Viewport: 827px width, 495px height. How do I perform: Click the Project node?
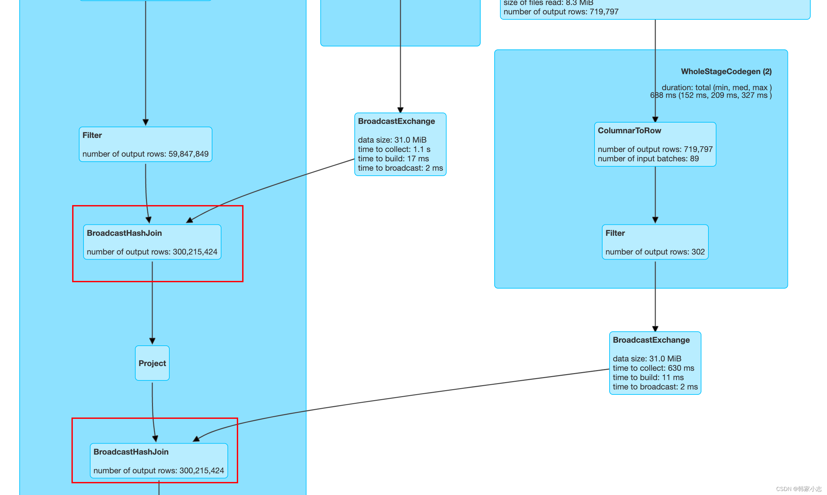[152, 363]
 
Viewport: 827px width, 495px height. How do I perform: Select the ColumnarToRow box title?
[629, 131]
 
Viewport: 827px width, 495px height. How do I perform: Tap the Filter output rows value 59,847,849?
[188, 154]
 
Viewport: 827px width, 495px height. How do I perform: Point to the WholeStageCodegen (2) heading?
[726, 71]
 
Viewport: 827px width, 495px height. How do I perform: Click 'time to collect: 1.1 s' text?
[394, 149]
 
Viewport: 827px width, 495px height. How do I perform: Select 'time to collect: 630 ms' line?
[653, 368]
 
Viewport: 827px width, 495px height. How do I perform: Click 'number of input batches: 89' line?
[648, 159]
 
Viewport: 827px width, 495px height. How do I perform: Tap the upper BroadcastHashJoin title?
[124, 233]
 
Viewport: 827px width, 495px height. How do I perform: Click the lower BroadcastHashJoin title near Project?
[131, 452]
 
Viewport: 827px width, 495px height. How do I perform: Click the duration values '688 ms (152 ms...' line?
[710, 96]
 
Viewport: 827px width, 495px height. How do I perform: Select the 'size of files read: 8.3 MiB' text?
[548, 3]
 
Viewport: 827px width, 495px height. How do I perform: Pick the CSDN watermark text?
[799, 489]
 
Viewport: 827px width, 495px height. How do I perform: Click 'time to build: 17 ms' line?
[393, 159]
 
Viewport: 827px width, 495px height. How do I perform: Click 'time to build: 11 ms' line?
[648, 377]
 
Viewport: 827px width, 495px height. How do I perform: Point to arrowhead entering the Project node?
[152, 341]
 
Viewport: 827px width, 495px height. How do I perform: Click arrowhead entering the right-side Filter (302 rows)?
[655, 220]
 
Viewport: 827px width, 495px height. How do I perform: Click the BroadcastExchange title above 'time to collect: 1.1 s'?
[396, 121]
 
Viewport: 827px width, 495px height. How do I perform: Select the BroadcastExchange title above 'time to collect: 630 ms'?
[651, 340]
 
